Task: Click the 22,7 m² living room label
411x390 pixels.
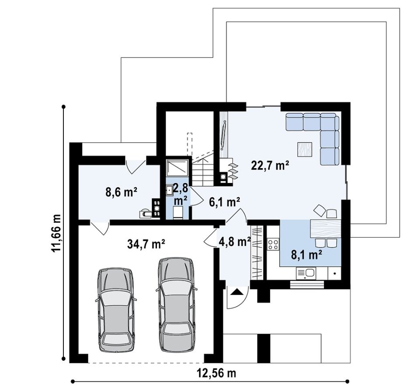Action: (270, 166)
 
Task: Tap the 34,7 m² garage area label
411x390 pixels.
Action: (146, 244)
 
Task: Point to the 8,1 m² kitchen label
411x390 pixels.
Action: (307, 254)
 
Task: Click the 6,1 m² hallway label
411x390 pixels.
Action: (225, 202)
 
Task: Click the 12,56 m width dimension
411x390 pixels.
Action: (216, 373)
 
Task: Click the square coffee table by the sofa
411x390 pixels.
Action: (305, 149)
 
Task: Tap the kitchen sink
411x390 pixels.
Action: (306, 273)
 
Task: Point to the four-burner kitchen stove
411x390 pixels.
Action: (273, 245)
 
